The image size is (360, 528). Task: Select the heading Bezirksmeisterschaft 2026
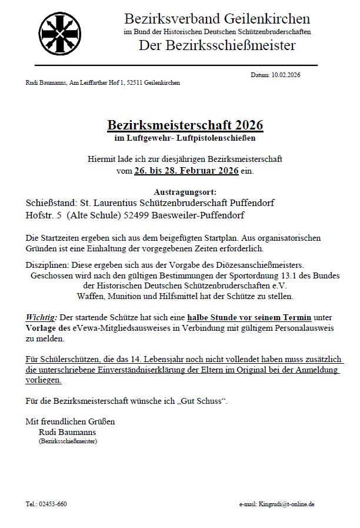185,125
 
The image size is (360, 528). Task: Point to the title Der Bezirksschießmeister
217,45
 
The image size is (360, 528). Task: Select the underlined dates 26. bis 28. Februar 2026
186,171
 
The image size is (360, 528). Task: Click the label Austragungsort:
185,192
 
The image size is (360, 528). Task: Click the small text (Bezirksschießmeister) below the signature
68,440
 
